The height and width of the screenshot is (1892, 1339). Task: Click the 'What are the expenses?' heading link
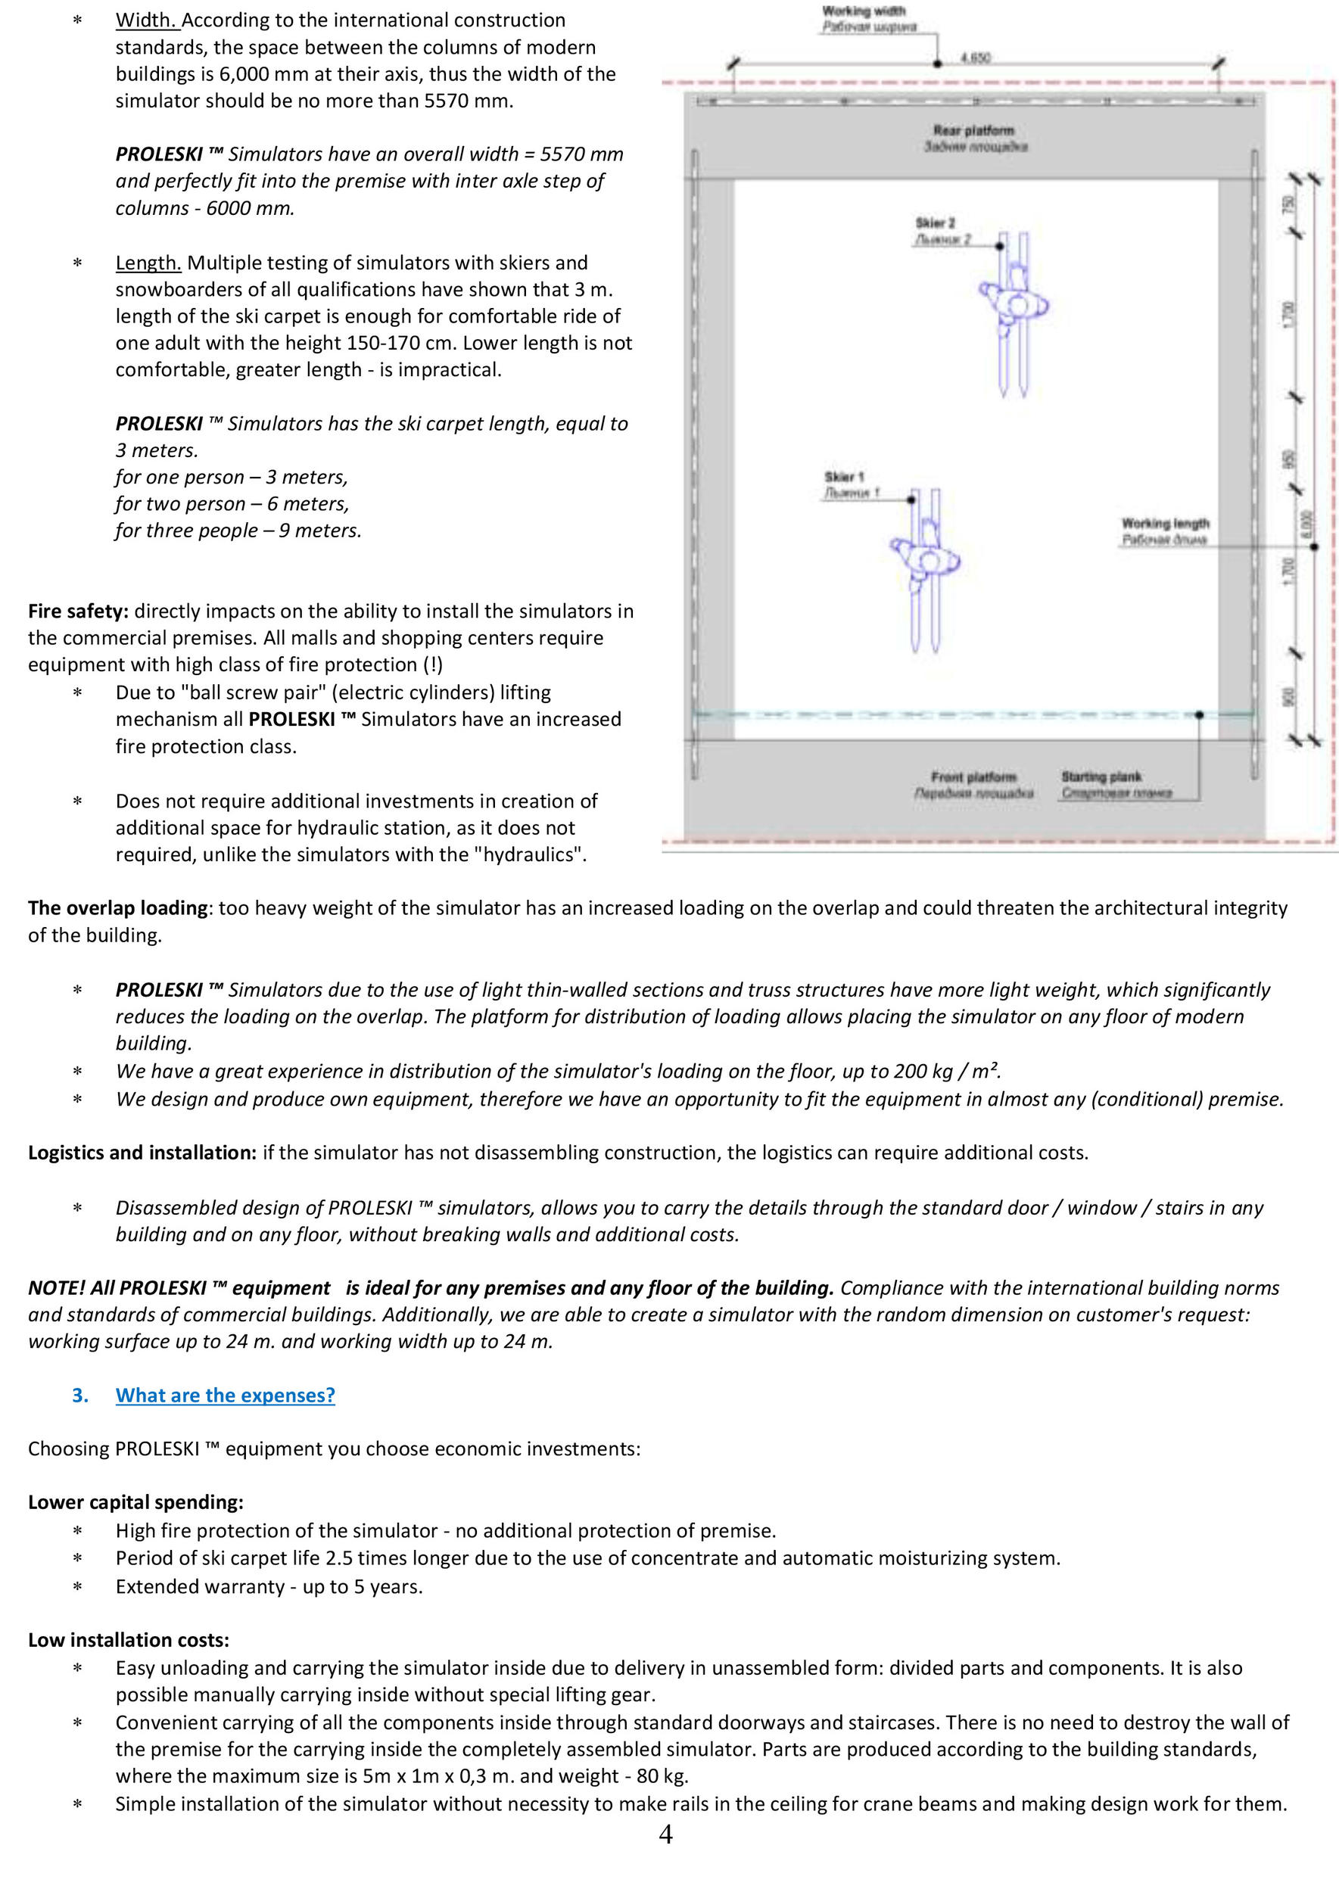pos(225,1395)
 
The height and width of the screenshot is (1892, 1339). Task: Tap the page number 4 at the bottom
pos(666,1856)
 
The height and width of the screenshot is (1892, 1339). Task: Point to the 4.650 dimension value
pos(976,58)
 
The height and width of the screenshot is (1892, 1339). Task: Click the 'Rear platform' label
pos(973,130)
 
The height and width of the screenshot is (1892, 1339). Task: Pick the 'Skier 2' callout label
pos(935,223)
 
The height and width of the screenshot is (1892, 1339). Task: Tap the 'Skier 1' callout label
pos(843,477)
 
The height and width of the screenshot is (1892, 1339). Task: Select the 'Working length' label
pos(1164,524)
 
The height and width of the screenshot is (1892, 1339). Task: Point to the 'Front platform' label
pos(973,776)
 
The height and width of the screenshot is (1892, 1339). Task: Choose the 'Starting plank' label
pos(1101,776)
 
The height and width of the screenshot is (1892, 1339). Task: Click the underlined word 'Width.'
pos(147,20)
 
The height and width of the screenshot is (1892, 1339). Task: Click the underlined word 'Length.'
pos(148,263)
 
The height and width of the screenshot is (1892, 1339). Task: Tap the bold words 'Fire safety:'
pos(78,611)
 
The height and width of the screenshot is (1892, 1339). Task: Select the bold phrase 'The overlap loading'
pos(118,907)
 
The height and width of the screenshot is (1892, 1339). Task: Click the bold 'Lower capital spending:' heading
pos(136,1502)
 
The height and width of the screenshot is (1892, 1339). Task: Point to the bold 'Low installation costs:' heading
pos(129,1640)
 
